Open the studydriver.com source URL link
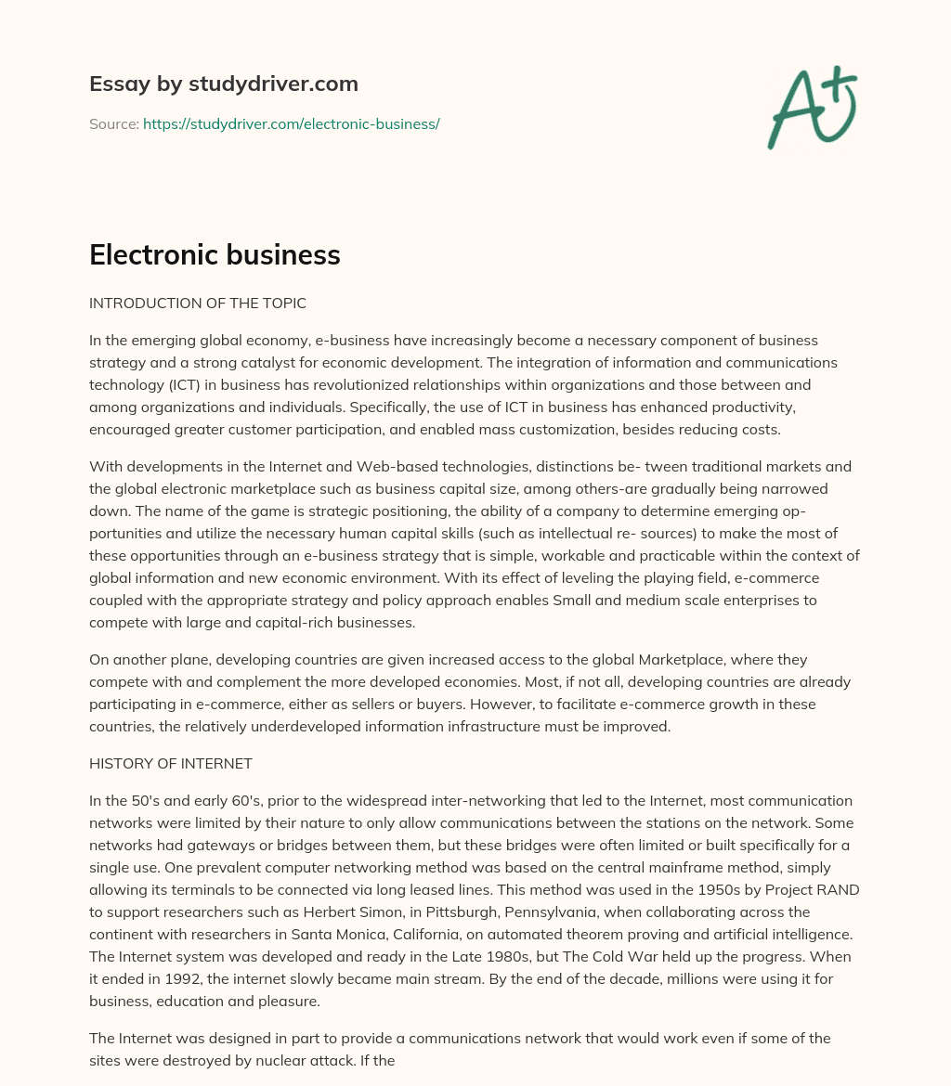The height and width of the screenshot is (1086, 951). click(291, 123)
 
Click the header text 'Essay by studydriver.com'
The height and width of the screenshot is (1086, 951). click(224, 84)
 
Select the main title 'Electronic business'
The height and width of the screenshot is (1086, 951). click(215, 255)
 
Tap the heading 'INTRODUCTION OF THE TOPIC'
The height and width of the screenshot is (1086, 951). click(198, 304)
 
